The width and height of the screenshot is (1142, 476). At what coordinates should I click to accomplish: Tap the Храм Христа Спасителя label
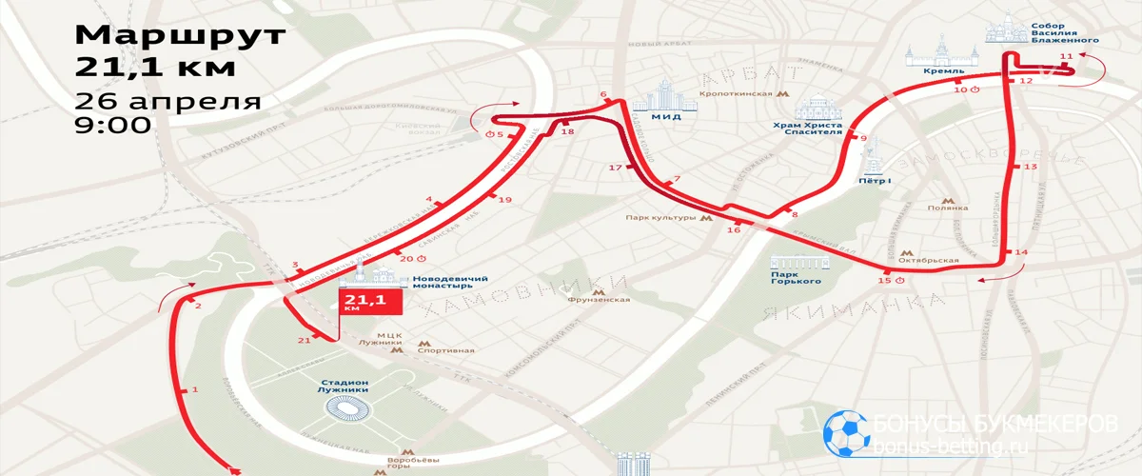tap(809, 128)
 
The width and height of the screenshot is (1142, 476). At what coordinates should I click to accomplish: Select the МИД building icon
tap(672, 101)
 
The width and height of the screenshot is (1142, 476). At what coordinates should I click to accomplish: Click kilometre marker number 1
tap(195, 389)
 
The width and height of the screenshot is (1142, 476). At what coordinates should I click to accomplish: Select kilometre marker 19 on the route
tap(505, 200)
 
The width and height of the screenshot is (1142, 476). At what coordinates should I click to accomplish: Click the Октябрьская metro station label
tap(933, 260)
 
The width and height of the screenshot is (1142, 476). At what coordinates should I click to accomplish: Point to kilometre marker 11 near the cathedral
tap(1065, 58)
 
